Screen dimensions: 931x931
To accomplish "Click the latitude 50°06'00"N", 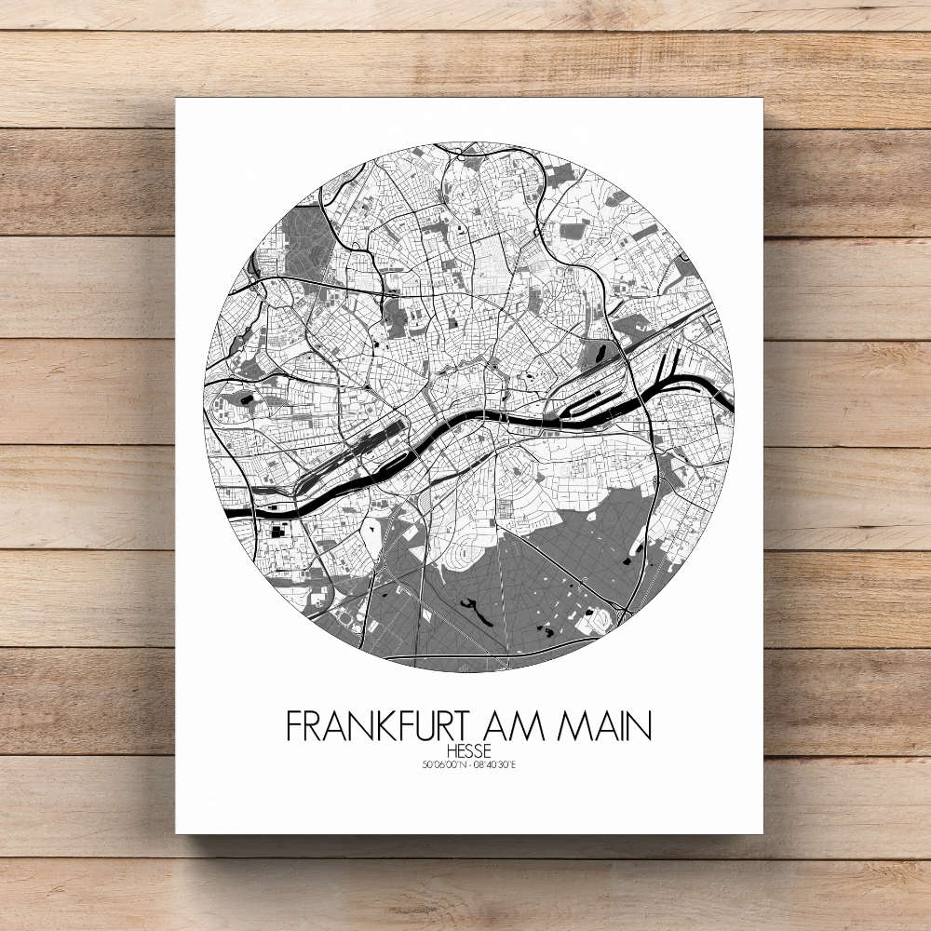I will (x=443, y=766).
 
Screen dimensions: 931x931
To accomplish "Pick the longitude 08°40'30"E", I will (x=494, y=766).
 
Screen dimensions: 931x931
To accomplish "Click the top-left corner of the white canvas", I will (x=176, y=99).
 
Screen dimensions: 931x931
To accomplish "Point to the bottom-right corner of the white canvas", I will (x=762, y=832).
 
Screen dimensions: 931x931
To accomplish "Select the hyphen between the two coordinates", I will (x=469, y=766).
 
